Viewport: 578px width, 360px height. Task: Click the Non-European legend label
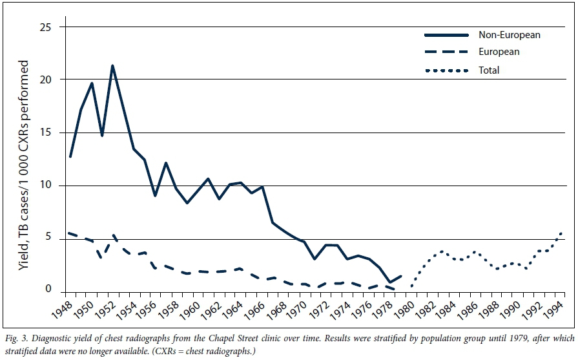click(x=509, y=34)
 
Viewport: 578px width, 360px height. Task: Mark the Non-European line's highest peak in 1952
click(x=112, y=65)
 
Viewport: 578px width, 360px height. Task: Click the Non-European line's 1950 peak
click(x=92, y=83)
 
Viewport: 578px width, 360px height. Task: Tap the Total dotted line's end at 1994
click(x=562, y=233)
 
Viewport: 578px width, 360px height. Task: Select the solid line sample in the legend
click(x=445, y=34)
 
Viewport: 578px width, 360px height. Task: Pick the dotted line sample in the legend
click(x=445, y=70)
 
